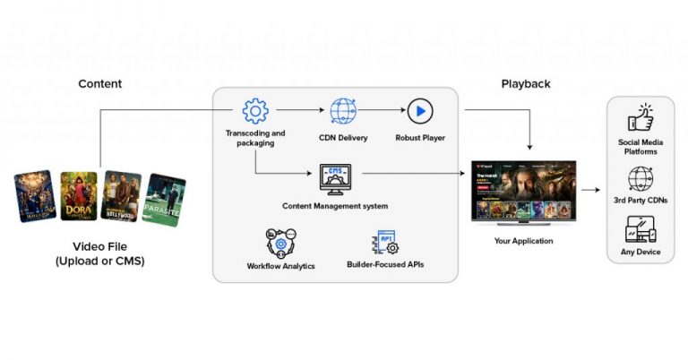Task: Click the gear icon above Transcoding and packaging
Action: point(255,111)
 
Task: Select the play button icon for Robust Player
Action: point(419,111)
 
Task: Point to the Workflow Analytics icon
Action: point(280,243)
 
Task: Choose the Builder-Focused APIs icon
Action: point(386,243)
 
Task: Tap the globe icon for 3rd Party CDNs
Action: point(641,179)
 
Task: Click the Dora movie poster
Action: point(79,195)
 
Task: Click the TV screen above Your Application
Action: point(524,193)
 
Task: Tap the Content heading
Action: point(100,84)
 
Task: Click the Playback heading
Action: point(526,84)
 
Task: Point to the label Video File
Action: point(100,245)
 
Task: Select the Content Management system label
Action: point(335,207)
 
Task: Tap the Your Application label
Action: point(524,241)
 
